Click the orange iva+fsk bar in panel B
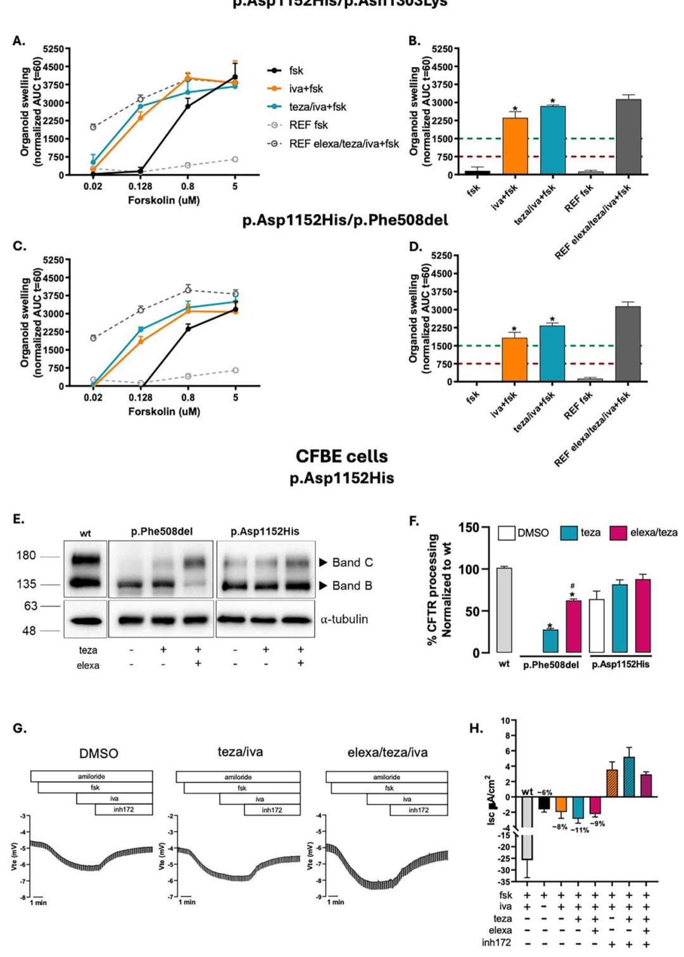(x=515, y=146)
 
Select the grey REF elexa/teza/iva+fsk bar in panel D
(x=628, y=344)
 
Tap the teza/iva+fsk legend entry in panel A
(x=317, y=107)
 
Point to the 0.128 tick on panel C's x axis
(x=141, y=398)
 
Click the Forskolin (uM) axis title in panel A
(x=164, y=200)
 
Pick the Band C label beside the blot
(x=352, y=562)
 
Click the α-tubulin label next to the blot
(x=344, y=619)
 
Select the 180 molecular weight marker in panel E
(x=26, y=555)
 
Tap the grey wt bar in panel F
(x=504, y=611)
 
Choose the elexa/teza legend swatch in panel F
(x=617, y=533)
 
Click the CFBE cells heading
(x=341, y=456)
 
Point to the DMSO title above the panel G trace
(x=99, y=754)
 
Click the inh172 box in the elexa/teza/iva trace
(x=418, y=810)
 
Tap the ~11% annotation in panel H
(x=579, y=830)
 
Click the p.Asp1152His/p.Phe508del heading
(x=345, y=220)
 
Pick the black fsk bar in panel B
(x=477, y=172)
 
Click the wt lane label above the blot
(x=85, y=533)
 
